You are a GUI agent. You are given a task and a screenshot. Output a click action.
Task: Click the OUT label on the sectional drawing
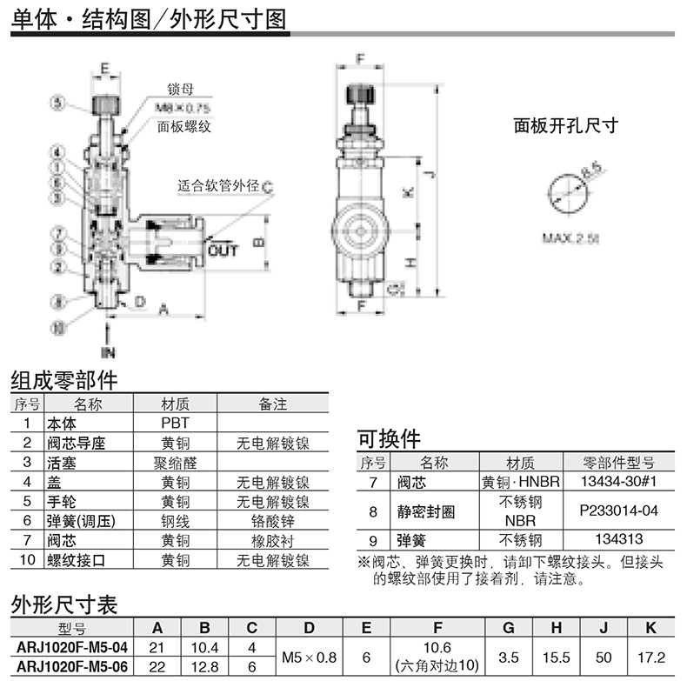point(223,250)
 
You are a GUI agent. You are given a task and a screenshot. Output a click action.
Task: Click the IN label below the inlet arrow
point(108,353)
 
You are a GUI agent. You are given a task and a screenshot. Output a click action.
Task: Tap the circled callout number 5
point(57,103)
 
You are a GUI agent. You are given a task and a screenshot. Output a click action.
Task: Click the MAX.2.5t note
point(571,237)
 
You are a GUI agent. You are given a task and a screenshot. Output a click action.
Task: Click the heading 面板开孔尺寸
point(565,125)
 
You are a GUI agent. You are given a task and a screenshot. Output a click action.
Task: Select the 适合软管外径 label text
point(219,185)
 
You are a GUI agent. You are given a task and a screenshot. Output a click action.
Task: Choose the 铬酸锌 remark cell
point(273,521)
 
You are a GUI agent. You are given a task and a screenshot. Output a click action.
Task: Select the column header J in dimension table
point(605,627)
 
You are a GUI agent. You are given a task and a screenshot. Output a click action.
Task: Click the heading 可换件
point(390,437)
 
